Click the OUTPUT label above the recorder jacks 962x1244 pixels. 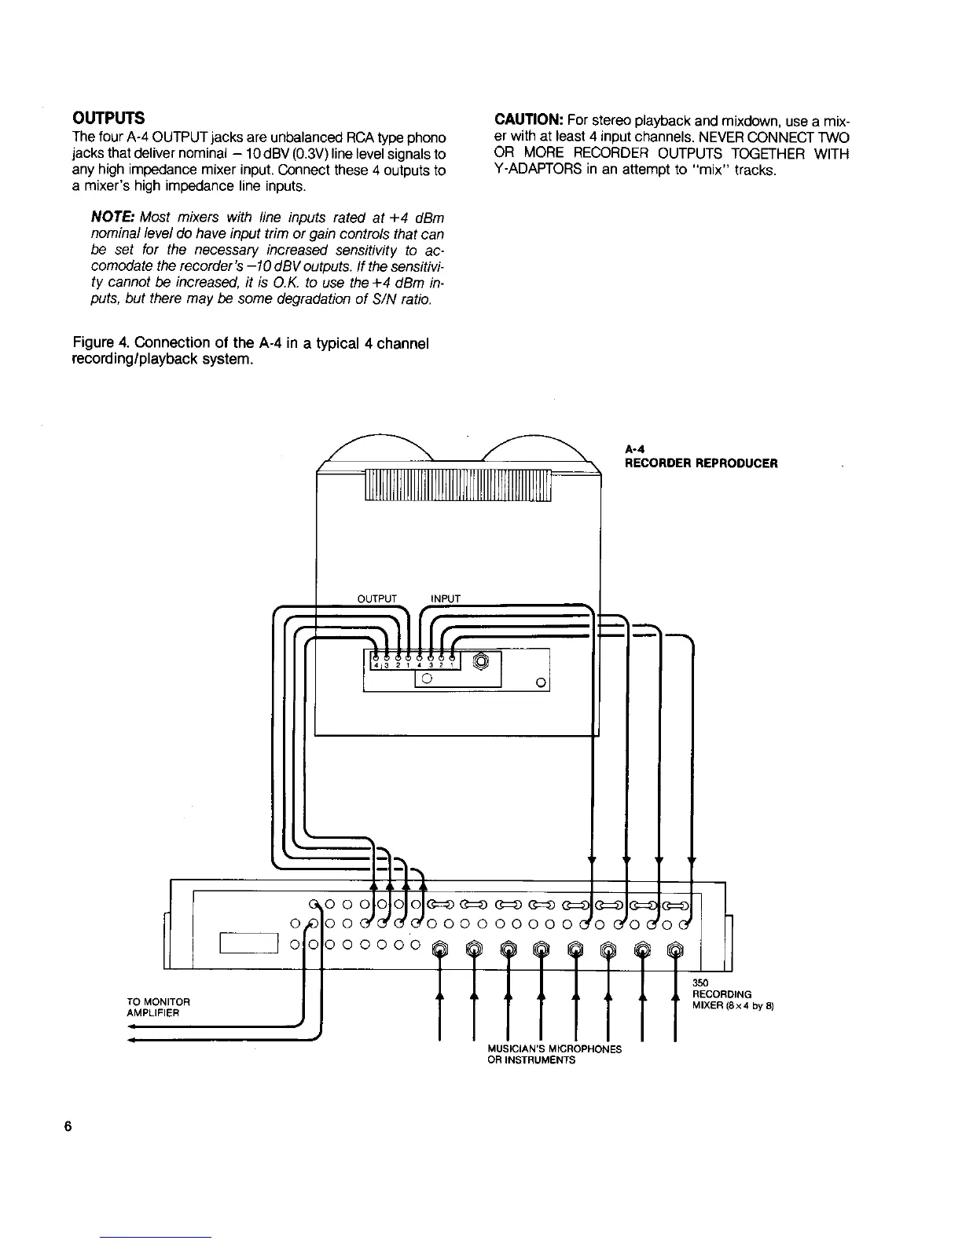377,598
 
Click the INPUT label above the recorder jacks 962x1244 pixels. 446,598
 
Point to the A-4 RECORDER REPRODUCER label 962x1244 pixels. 700,456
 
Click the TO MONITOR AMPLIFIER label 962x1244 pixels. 158,1007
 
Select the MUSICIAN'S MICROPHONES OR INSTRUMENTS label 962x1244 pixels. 554,1054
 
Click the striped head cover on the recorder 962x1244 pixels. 458,486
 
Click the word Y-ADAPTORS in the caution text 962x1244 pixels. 534,170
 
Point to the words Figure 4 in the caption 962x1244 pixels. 99,343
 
